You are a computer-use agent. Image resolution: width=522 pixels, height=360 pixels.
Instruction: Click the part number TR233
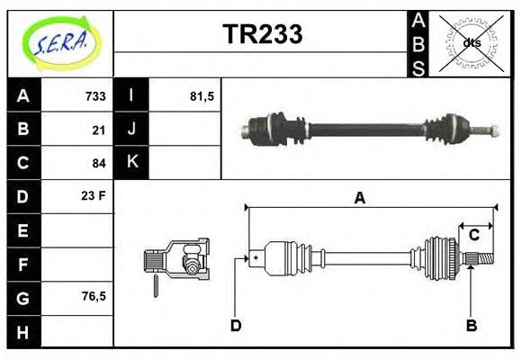(x=262, y=34)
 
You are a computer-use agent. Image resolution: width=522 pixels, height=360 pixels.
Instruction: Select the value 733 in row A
(x=95, y=96)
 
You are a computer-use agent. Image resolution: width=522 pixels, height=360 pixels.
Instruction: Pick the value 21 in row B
(x=99, y=130)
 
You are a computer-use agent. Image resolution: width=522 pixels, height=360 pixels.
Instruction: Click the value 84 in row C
(x=99, y=163)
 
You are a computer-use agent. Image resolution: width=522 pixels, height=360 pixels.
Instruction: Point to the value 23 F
(x=94, y=194)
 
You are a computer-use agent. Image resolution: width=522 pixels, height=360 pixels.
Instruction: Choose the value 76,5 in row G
(x=92, y=295)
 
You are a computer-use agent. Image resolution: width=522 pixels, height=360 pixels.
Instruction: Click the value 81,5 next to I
(x=202, y=96)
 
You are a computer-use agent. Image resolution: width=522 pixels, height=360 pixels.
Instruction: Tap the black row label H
(x=23, y=331)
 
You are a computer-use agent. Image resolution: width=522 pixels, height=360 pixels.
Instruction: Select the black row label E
(x=23, y=230)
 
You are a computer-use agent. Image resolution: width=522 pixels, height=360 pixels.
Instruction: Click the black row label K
(x=131, y=162)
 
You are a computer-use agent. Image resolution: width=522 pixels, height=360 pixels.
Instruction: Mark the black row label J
(x=131, y=129)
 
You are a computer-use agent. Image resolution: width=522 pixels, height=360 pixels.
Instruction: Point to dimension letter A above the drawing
(x=359, y=198)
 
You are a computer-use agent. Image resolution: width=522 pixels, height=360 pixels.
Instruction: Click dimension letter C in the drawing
(x=473, y=236)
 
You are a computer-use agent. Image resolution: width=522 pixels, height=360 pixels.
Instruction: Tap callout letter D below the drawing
(x=236, y=325)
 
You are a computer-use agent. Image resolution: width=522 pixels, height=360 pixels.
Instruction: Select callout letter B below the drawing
(x=471, y=325)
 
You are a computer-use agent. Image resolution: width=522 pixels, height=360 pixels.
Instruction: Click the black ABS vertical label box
(x=418, y=43)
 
